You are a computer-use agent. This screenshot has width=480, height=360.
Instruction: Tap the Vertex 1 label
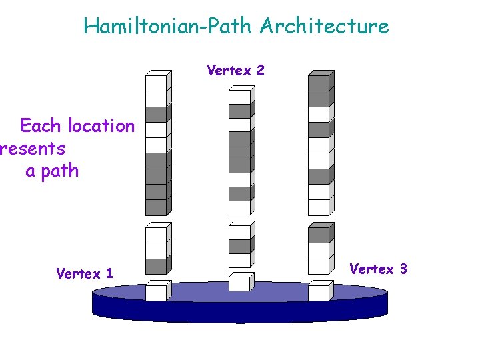coord(85,273)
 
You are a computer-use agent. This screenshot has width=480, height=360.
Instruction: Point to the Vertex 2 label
coord(235,70)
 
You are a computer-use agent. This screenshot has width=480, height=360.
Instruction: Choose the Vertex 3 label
coord(378,269)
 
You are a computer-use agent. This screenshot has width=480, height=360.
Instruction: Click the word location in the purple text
coord(101,126)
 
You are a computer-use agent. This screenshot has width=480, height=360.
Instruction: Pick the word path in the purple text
coord(60,171)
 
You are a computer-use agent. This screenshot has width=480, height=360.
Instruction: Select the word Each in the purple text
coord(40,126)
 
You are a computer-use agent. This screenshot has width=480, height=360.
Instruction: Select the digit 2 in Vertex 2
coord(260,70)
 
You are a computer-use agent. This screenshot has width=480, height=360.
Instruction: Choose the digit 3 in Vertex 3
coord(403,269)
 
